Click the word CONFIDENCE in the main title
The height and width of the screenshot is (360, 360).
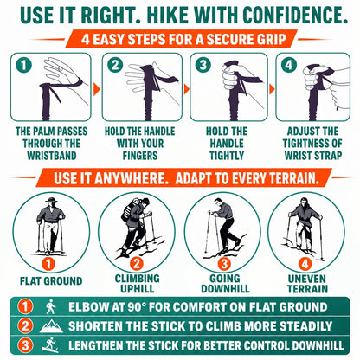[295, 15]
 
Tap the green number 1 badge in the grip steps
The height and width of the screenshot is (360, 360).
[23, 65]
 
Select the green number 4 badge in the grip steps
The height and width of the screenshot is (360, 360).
[288, 65]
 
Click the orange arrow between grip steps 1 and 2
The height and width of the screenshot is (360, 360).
[97, 89]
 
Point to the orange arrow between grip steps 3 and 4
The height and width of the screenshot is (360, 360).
[272, 89]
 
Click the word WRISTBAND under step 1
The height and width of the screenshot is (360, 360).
[52, 156]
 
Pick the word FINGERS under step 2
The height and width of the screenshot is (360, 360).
[140, 156]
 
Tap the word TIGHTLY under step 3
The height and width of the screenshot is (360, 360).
[227, 156]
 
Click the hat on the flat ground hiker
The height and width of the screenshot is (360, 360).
[51, 200]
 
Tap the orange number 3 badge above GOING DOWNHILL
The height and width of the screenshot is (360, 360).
[224, 264]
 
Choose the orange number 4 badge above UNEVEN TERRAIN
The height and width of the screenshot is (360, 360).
[305, 264]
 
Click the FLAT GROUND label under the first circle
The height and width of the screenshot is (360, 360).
[51, 281]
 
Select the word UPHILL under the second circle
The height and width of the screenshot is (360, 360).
[138, 289]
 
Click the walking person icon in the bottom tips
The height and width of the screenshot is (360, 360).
[51, 306]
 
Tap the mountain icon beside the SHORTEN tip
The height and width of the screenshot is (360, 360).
[51, 326]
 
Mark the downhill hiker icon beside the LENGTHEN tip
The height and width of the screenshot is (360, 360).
[50, 344]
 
